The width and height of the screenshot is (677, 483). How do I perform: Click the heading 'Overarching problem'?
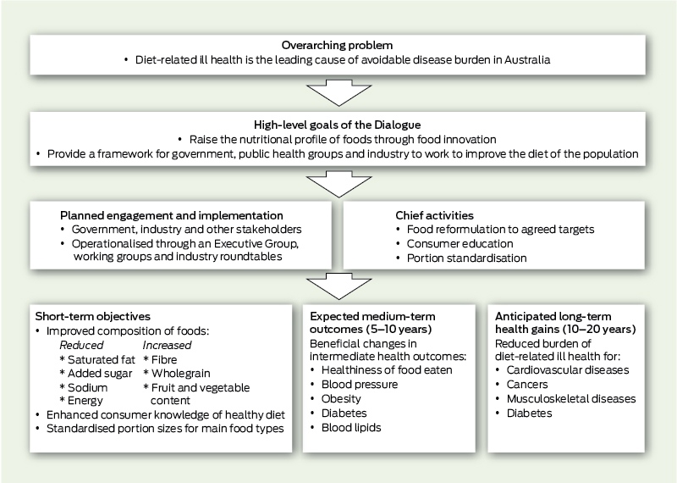tap(337, 46)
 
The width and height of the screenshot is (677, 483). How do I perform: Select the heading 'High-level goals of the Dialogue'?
tap(337, 125)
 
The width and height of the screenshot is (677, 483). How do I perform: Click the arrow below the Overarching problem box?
tap(339, 92)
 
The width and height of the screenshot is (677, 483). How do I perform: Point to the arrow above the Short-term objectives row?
tap(339, 286)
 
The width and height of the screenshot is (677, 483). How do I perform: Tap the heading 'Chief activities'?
tap(434, 215)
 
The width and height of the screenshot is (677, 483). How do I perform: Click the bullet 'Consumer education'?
tap(460, 243)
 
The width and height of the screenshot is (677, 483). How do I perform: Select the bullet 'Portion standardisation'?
tap(467, 258)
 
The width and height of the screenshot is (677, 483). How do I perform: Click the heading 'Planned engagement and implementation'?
tap(172, 215)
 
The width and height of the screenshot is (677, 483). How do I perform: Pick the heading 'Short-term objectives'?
tap(93, 317)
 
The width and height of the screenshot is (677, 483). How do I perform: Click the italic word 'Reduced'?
tap(81, 345)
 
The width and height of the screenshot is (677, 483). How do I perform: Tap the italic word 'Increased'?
tap(167, 345)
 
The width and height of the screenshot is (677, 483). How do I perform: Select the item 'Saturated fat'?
tap(101, 359)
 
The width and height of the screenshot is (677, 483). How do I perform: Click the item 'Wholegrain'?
tap(181, 373)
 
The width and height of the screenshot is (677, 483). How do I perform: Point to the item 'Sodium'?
tap(87, 387)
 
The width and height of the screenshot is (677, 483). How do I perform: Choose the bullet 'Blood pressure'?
tap(360, 385)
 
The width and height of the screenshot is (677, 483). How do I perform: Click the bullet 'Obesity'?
tap(341, 398)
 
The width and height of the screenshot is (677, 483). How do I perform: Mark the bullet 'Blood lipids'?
tap(351, 428)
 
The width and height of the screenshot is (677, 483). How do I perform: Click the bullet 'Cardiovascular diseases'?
tap(568, 370)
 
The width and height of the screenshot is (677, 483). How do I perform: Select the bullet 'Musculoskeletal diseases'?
tap(571, 398)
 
